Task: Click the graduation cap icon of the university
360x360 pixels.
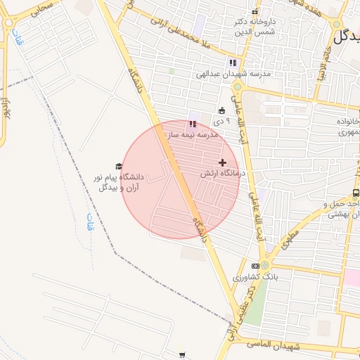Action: pos(119,166)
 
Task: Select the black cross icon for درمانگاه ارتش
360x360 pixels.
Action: pos(223,162)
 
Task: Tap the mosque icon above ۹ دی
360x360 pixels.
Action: pos(222,110)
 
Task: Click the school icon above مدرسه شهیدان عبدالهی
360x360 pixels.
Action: pos(233,63)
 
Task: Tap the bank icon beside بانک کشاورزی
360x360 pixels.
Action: pos(255,266)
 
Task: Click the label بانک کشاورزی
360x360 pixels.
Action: pos(257,278)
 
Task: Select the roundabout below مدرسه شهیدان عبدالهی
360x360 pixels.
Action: pos(238,88)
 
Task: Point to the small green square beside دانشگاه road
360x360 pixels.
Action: pos(171,71)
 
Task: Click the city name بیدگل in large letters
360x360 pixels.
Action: pos(346,37)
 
